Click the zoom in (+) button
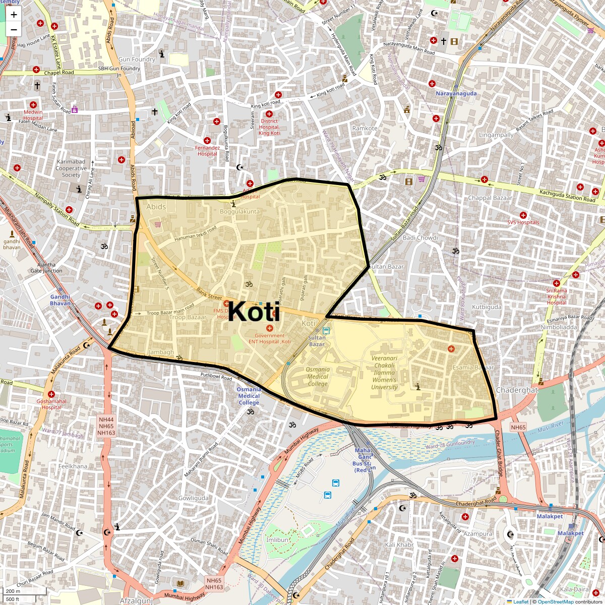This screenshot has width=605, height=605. [14, 15]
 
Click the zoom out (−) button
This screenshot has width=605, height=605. [14, 29]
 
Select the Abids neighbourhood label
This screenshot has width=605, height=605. [156, 207]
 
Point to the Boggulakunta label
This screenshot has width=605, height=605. [239, 212]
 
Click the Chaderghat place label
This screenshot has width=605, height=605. [517, 390]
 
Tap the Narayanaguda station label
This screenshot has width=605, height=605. [456, 94]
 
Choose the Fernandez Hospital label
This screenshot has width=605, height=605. [208, 151]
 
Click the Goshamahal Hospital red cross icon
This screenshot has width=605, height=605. [51, 394]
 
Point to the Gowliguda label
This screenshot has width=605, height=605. [193, 498]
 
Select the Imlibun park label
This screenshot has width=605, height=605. [277, 539]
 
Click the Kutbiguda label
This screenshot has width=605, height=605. [487, 307]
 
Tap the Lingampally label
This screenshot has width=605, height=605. [496, 135]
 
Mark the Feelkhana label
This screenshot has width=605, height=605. [73, 466]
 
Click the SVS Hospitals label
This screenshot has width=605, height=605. [523, 222]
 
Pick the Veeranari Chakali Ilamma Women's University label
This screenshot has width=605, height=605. [385, 373]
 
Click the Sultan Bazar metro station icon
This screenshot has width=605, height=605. [326, 331]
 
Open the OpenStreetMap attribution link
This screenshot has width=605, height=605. [555, 601]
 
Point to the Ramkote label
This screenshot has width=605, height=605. [365, 129]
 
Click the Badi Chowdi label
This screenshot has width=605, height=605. [420, 238]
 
